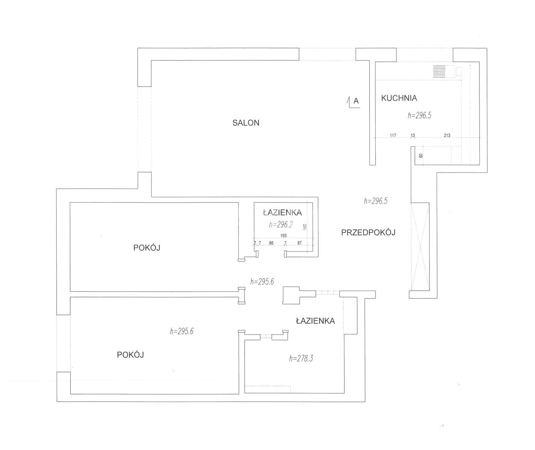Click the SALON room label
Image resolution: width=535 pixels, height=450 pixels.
[x=246, y=123]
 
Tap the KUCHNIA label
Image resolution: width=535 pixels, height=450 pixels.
[x=399, y=98]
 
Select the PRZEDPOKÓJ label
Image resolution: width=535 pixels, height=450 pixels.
[x=368, y=232]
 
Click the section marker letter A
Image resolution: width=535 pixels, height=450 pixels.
[x=356, y=101]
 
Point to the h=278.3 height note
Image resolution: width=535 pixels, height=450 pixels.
[x=301, y=358]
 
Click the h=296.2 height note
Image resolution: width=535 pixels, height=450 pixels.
[x=281, y=225]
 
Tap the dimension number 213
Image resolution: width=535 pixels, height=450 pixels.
[x=447, y=135]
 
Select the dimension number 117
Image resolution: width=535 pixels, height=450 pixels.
[x=393, y=135]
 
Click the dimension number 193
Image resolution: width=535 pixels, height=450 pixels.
[x=283, y=235]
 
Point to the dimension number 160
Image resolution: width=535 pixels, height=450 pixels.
[x=305, y=227]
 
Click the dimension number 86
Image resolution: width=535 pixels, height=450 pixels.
[x=271, y=243]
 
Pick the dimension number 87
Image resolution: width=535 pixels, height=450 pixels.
[x=299, y=243]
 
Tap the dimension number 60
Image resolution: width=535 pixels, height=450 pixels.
[x=421, y=156]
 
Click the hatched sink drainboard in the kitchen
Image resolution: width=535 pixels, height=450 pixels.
[x=439, y=72]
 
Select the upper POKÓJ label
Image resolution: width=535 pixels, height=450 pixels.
[x=147, y=247]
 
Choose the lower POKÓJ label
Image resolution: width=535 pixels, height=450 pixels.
[x=130, y=355]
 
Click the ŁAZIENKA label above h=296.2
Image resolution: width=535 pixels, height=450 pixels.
[x=283, y=212]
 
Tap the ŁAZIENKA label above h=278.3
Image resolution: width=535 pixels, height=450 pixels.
[x=316, y=321]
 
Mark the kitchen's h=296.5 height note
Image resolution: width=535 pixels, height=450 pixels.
[x=419, y=115]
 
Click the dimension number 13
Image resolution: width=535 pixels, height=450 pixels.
[x=413, y=135]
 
